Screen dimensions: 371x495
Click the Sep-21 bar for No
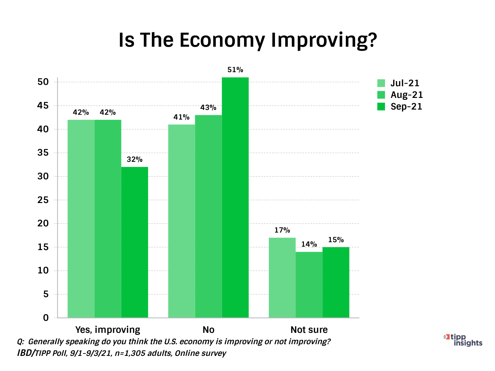click(235, 198)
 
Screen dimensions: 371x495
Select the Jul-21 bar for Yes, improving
click(81, 218)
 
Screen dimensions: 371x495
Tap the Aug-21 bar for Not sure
click(309, 284)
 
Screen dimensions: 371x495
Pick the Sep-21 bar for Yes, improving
click(134, 242)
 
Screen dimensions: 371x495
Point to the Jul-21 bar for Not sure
click(282, 278)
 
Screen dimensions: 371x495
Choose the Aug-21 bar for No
click(208, 216)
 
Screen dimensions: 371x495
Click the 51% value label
click(235, 70)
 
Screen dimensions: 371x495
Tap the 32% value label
click(134, 159)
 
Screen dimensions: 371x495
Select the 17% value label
click(282, 230)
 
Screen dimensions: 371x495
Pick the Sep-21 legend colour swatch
click(381, 106)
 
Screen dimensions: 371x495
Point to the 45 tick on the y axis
click(43, 106)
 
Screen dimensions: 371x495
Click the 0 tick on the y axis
click(46, 318)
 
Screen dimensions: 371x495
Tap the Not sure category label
click(309, 330)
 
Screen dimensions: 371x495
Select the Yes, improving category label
click(108, 330)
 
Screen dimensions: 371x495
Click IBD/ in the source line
click(26, 353)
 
